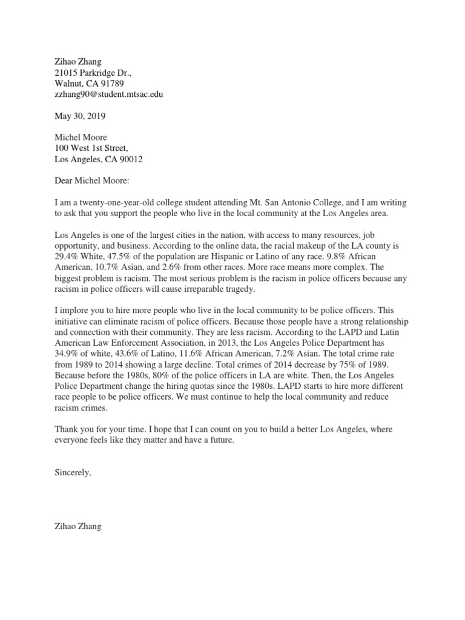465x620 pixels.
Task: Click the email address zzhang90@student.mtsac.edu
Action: tap(108, 94)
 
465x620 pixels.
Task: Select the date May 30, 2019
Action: tap(77, 116)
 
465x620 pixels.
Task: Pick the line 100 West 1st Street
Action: tap(91, 148)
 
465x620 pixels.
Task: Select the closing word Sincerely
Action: tap(73, 472)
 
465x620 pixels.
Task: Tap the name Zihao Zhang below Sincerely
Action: tap(78, 526)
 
